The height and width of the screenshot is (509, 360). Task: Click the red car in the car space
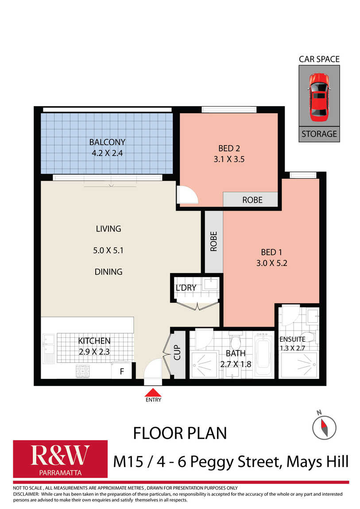coord(319,97)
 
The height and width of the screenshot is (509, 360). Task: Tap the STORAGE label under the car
coord(319,134)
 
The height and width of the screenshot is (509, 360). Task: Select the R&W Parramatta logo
coord(60,459)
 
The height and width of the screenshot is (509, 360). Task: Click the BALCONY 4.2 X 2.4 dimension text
coord(107,153)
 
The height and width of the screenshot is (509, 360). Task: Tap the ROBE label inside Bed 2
coord(252,200)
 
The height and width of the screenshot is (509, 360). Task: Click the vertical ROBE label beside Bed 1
coord(213,241)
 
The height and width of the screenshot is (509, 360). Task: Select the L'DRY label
coord(186,288)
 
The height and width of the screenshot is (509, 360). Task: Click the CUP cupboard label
coord(177,352)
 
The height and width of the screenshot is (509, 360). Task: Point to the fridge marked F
coord(122,371)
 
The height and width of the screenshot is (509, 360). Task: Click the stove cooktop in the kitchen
coord(82,371)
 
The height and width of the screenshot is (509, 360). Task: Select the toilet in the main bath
coord(235,339)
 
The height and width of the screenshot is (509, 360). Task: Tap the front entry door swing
coord(153,369)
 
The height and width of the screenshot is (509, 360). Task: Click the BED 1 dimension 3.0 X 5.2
coord(272,263)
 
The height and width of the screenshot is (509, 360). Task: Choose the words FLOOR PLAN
coord(180,433)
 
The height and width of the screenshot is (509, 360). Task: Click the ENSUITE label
coord(292,339)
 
